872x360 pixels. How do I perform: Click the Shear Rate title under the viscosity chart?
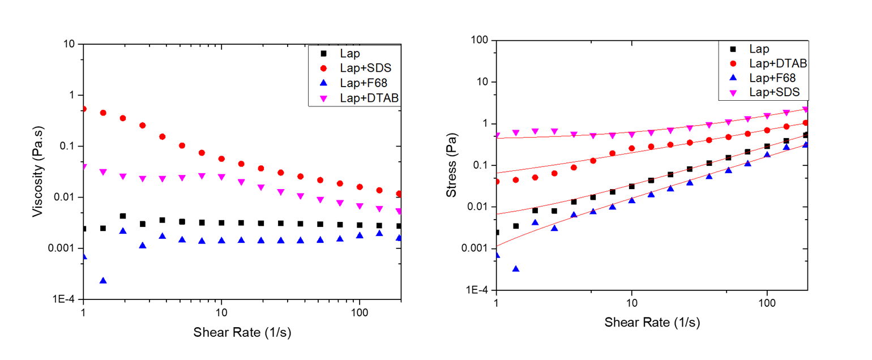tap(242, 332)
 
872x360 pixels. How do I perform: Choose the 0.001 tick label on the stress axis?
tap(476, 248)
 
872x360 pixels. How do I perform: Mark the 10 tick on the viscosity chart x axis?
tap(221, 312)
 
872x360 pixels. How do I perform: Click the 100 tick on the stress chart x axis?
tap(767, 303)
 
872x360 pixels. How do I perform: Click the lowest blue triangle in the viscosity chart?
tap(103, 280)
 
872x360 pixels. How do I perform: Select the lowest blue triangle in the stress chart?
tap(516, 268)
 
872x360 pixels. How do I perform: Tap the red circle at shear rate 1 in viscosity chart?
tap(84, 108)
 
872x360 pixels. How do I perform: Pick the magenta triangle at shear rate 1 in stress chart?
tap(497, 135)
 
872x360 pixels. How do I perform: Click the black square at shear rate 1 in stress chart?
tap(497, 232)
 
